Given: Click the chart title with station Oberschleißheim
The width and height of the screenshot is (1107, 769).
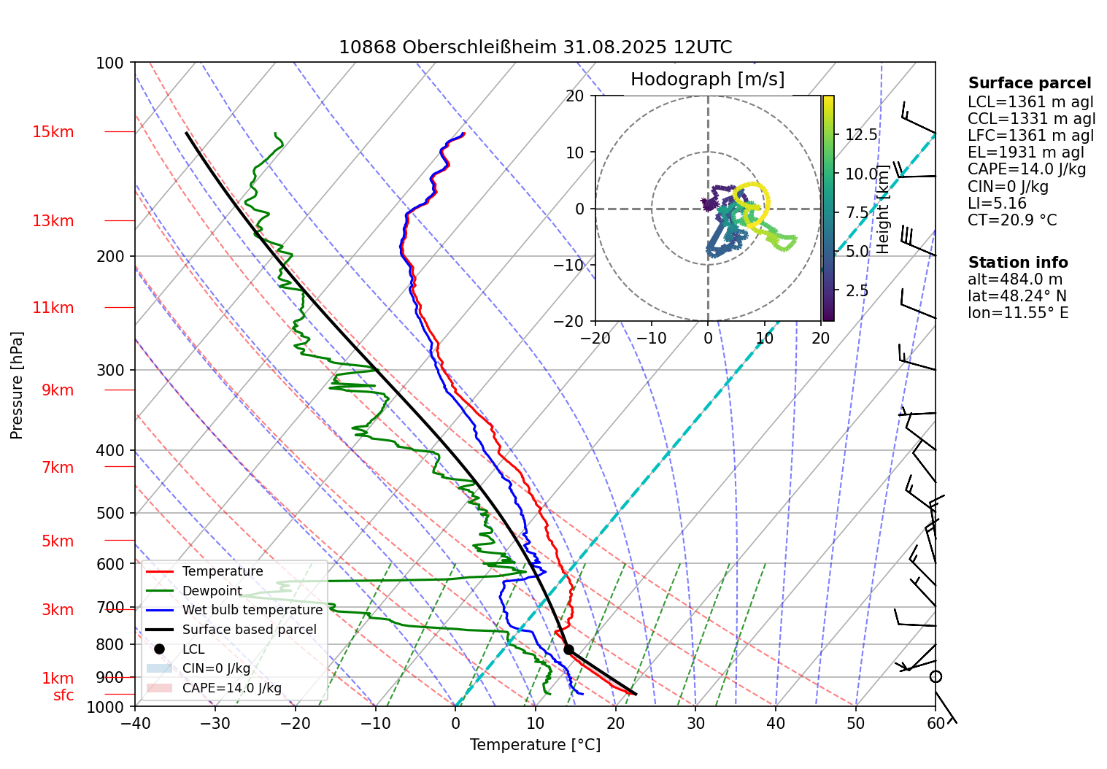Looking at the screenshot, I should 535,47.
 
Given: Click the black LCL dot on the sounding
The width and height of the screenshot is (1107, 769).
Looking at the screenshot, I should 568,649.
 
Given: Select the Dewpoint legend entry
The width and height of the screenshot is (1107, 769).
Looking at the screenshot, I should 212,591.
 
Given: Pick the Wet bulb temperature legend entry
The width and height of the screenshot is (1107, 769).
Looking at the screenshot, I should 252,610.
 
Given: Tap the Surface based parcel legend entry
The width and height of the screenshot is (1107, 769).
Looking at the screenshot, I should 249,630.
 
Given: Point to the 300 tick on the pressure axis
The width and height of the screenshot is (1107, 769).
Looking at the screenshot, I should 111,371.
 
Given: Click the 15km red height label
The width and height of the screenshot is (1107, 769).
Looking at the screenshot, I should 53,132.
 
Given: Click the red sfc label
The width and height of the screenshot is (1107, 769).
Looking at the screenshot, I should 63,695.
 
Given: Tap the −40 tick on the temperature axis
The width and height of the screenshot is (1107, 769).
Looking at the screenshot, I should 135,723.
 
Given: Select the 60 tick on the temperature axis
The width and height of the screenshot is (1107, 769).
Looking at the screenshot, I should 936,723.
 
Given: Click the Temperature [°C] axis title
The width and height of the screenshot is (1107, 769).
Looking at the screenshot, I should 535,745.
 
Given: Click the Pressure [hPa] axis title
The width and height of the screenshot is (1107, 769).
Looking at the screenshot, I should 17,385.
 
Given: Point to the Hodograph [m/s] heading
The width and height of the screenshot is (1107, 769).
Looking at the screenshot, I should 707,80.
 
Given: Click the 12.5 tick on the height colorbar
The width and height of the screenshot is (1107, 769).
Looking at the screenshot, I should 861,135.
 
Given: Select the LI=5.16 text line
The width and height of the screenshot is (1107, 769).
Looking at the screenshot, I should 997,204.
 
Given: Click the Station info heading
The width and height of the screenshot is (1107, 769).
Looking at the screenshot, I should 1018,263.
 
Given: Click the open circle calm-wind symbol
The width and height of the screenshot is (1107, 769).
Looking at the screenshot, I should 936,676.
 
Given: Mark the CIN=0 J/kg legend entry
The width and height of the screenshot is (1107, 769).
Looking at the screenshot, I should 216,668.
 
